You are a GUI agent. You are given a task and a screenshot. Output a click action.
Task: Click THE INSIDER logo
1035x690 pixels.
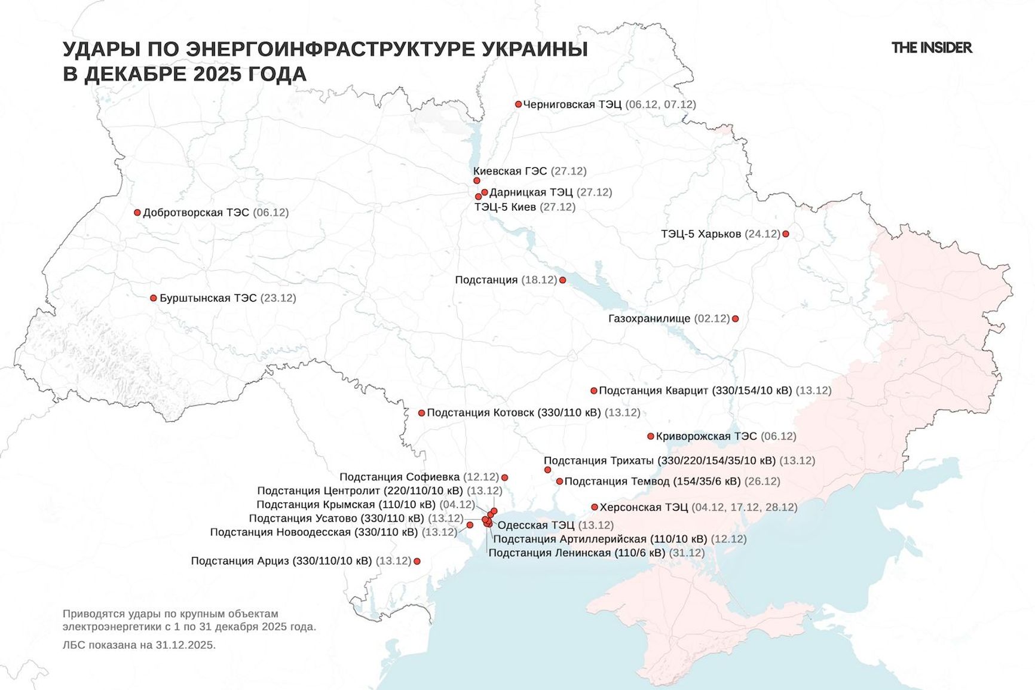pos(931,48)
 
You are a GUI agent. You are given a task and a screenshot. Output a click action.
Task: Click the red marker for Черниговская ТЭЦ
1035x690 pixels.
pos(519,104)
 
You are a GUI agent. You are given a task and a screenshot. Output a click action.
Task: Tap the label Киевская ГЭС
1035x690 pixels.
pos(510,171)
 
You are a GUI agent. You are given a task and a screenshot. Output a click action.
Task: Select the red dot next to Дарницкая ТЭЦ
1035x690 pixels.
pos(485,192)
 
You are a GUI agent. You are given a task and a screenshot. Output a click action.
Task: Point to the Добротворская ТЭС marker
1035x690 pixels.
pos(137,212)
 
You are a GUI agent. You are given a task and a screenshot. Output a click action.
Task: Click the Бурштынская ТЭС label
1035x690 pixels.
pos(208,298)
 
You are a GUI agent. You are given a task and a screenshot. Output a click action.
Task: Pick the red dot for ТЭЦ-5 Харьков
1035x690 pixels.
pos(786,234)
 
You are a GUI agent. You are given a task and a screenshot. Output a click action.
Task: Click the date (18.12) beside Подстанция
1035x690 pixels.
pos(538,280)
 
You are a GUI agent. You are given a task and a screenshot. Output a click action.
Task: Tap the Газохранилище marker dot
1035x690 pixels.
pos(736,318)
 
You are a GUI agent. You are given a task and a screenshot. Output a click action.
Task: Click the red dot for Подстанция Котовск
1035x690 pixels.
pos(421,413)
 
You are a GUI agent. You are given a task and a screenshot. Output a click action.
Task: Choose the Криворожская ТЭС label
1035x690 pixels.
pos(706,436)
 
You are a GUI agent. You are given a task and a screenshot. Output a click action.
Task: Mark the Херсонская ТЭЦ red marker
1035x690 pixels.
pos(595,507)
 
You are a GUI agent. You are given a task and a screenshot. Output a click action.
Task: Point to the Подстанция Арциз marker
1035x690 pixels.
pos(417,561)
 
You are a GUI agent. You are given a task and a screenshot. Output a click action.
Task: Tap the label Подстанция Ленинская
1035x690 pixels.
pos(576,553)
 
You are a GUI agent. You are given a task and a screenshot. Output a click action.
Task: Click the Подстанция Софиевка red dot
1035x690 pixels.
pos(505,477)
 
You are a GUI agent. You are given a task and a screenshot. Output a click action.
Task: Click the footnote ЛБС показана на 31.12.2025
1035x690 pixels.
pos(139,645)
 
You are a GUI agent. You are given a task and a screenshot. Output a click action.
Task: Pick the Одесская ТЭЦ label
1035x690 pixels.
pos(535,525)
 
